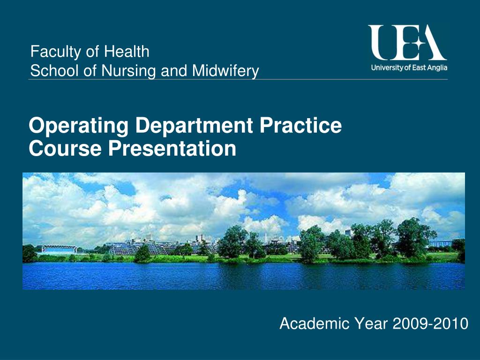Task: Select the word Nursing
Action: (129, 71)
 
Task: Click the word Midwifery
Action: (225, 71)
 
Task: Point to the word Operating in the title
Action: (79, 126)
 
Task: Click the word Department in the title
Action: (194, 126)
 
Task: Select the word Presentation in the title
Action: (172, 148)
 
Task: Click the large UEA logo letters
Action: (407, 43)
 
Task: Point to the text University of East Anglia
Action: (409, 67)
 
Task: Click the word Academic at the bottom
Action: (315, 323)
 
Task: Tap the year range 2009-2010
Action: (430, 323)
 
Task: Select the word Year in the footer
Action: (371, 323)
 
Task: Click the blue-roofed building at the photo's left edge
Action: (58, 249)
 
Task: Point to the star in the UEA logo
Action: (418, 43)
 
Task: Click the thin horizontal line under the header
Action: (238, 80)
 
